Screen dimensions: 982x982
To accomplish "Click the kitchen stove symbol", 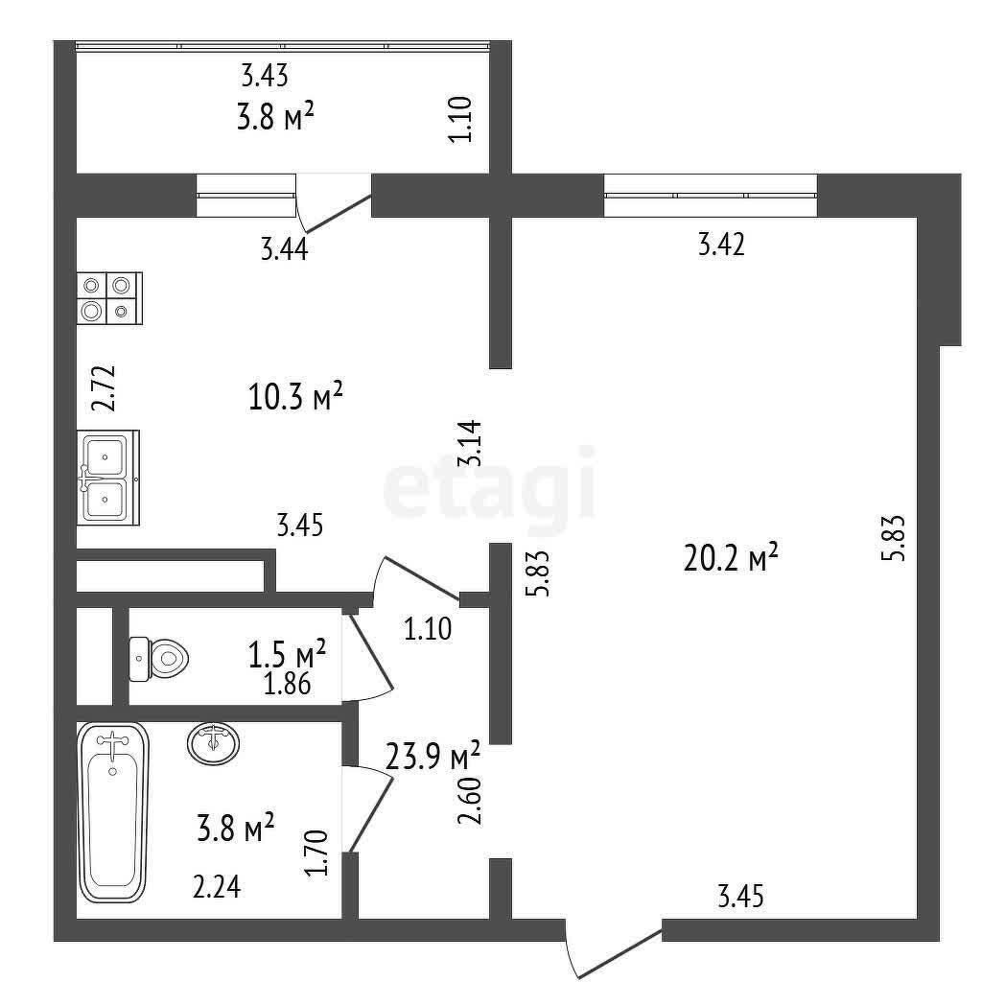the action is pos(109,298).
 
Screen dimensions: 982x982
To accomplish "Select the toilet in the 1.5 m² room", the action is pos(159,658).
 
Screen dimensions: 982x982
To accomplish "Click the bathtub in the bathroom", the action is pos(113,812).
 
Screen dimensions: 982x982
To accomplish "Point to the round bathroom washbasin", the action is pos(213,743).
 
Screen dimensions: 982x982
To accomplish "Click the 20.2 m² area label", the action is pos(731,557).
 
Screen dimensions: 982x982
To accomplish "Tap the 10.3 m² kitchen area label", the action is pos(295,396).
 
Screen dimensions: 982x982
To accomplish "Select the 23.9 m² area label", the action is pos(433,756).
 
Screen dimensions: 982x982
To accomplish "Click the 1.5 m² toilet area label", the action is pos(288,654).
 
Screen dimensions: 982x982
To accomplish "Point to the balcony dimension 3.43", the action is pos(265,76).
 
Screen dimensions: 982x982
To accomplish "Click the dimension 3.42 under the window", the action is pos(721,245).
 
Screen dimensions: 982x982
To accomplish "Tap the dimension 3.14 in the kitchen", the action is pos(470,443).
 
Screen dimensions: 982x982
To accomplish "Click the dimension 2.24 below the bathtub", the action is pos(217,887).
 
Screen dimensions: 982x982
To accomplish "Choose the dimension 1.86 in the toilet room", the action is pos(287,684).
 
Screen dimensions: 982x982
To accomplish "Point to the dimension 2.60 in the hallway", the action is pos(470,801).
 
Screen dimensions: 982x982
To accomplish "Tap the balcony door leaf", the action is pos(335,213).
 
